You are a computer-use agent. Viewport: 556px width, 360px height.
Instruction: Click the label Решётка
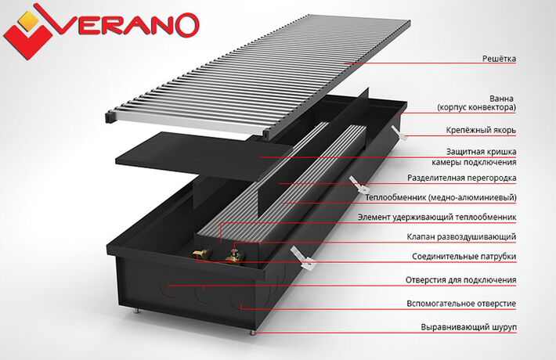(x=499, y=59)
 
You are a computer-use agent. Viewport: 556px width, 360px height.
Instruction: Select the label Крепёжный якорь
(x=481, y=131)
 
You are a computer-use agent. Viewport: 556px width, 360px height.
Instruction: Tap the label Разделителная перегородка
(x=462, y=178)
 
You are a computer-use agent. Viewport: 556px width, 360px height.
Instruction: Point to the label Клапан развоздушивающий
(x=461, y=236)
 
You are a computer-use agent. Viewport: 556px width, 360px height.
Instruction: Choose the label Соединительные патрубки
(x=464, y=256)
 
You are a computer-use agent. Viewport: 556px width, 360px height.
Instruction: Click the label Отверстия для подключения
(x=461, y=280)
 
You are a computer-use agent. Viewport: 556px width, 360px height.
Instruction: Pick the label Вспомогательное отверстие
(x=461, y=304)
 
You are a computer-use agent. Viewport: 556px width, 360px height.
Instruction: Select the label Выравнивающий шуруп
(x=469, y=327)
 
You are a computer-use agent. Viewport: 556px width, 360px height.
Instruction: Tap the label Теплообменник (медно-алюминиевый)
(x=441, y=197)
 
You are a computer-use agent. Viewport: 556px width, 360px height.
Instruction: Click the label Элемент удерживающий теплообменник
(x=437, y=217)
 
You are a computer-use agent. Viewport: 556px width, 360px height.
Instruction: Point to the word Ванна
(x=501, y=98)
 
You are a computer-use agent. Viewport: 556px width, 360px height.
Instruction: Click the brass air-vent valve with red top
(x=234, y=255)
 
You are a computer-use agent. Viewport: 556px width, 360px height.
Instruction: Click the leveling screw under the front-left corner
(x=136, y=311)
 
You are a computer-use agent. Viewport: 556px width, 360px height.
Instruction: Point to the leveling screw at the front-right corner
(x=252, y=333)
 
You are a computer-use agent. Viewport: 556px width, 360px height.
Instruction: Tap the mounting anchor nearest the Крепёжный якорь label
(x=399, y=132)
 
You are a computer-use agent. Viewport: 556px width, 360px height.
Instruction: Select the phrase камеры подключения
(x=474, y=162)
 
